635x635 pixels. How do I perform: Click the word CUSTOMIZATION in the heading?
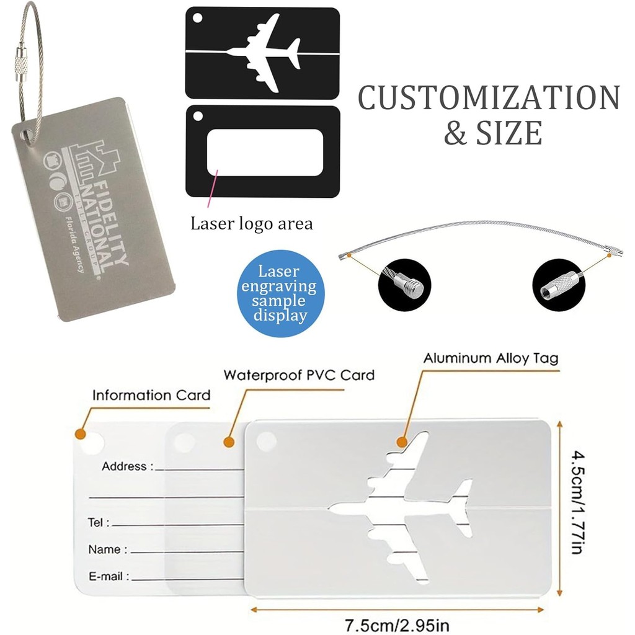[x=489, y=98]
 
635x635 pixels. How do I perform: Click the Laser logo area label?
[x=251, y=223]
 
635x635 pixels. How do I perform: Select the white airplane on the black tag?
[x=263, y=53]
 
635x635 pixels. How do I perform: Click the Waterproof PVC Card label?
[x=299, y=375]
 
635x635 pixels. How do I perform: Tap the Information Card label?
[x=151, y=395]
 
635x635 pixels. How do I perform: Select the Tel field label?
[x=99, y=523]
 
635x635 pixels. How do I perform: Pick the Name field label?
[x=107, y=549]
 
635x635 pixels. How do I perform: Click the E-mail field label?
[x=109, y=577]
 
